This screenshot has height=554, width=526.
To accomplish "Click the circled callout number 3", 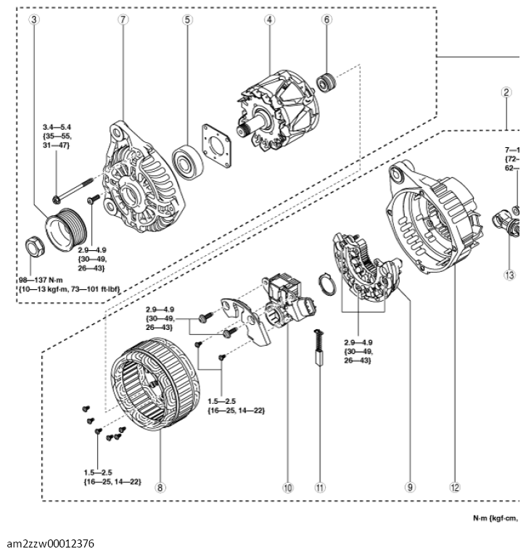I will point(33,20).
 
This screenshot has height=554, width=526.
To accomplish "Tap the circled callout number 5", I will point(187,20).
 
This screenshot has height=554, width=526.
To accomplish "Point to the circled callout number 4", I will point(269,20).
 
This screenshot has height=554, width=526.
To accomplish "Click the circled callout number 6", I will point(326,20).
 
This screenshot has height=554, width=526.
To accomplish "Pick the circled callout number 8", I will point(159,488).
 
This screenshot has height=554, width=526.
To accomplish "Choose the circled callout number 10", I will point(288,488).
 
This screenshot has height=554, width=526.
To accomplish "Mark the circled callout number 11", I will point(319,488).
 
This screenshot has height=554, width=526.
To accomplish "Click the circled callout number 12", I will point(455,488).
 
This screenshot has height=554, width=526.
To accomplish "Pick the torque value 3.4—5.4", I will point(59,127).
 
